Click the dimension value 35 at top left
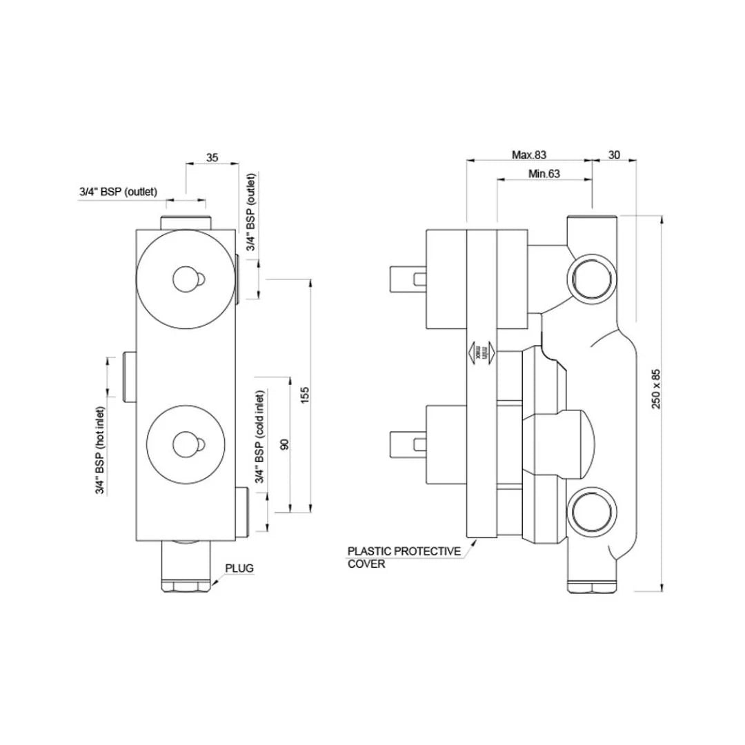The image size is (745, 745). [x=212, y=158]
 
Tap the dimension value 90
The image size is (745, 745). [x=283, y=444]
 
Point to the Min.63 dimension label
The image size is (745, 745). [x=544, y=174]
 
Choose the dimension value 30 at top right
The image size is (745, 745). [x=614, y=155]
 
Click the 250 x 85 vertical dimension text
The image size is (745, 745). [x=657, y=389]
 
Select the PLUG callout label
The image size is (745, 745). [x=239, y=568]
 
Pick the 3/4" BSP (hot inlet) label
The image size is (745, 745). [x=100, y=450]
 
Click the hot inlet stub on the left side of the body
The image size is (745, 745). [x=129, y=376]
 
